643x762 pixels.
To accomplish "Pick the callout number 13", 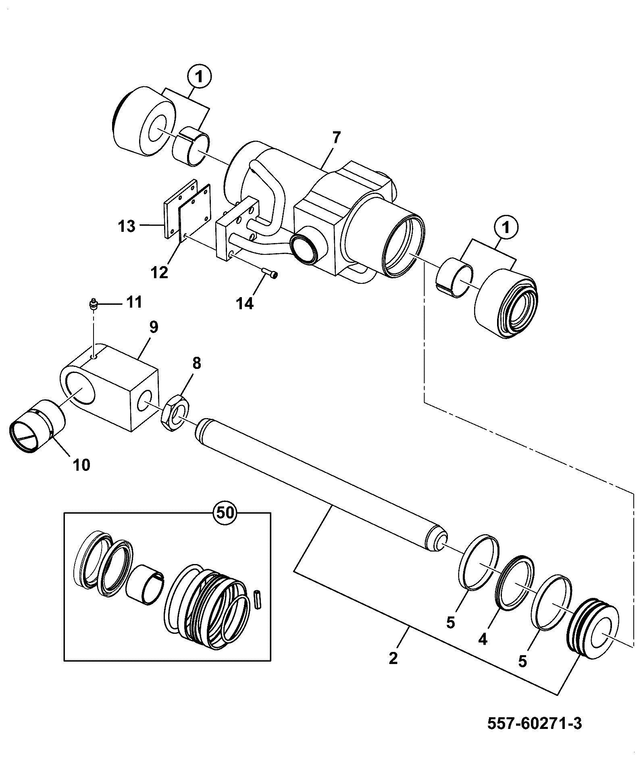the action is click(127, 226).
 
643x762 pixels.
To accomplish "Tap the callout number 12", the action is click(159, 273).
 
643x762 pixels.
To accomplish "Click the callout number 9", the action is click(154, 327).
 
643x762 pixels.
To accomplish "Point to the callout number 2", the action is click(393, 658).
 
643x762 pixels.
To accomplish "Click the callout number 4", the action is click(483, 639).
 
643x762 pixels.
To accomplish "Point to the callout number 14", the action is click(245, 303).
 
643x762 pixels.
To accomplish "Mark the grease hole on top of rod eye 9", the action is click(94, 357).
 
